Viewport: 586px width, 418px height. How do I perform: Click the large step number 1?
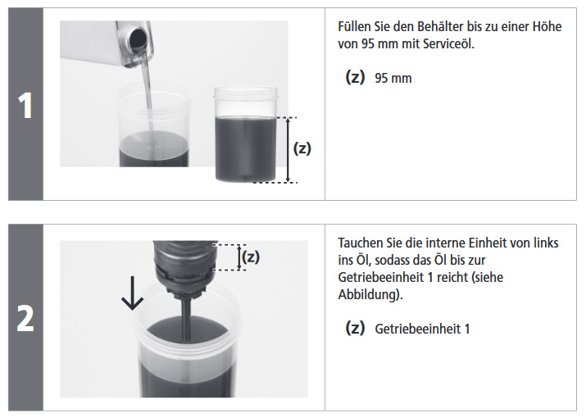click(x=25, y=106)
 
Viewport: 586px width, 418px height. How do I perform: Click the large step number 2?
click(x=25, y=319)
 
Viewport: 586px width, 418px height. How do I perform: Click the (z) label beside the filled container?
click(x=302, y=148)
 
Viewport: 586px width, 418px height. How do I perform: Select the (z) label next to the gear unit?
click(x=251, y=257)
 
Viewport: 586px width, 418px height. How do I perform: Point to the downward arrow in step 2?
click(x=132, y=293)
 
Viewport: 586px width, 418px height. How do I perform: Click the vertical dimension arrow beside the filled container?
click(x=288, y=150)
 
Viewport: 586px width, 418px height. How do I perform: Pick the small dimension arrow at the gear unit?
click(x=239, y=257)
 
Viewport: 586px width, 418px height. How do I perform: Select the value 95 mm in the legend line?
click(x=393, y=78)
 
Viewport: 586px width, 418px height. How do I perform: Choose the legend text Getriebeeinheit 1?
click(x=422, y=329)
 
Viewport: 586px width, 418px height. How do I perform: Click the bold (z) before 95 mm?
click(x=355, y=77)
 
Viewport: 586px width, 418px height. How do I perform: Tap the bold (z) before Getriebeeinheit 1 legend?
click(x=355, y=328)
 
